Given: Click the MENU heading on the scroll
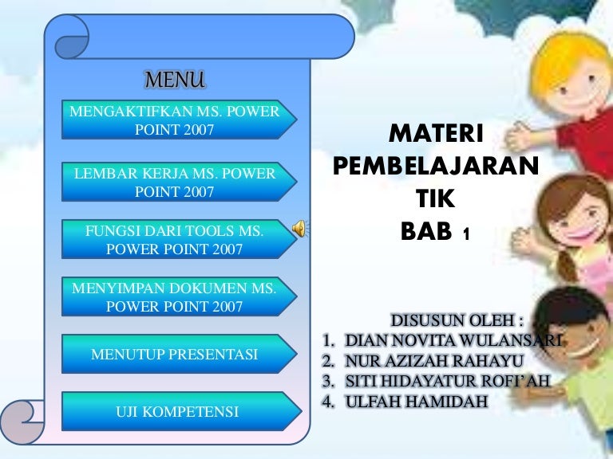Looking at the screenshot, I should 175,80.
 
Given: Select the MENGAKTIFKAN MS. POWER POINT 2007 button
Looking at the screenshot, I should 175,120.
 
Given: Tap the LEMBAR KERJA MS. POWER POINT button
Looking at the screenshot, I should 175,182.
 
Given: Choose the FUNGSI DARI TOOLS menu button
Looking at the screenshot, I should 175,240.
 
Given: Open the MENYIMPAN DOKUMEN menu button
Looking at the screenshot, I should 175,297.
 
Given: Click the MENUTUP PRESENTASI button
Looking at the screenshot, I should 175,355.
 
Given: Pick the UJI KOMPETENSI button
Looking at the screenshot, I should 175,412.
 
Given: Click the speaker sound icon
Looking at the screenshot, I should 301,229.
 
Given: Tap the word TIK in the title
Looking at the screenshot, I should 435,199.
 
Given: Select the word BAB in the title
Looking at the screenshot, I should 425,232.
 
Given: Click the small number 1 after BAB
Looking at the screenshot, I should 466,235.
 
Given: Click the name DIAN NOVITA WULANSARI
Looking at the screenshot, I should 453,340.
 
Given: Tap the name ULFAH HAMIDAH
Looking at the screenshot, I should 415,401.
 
